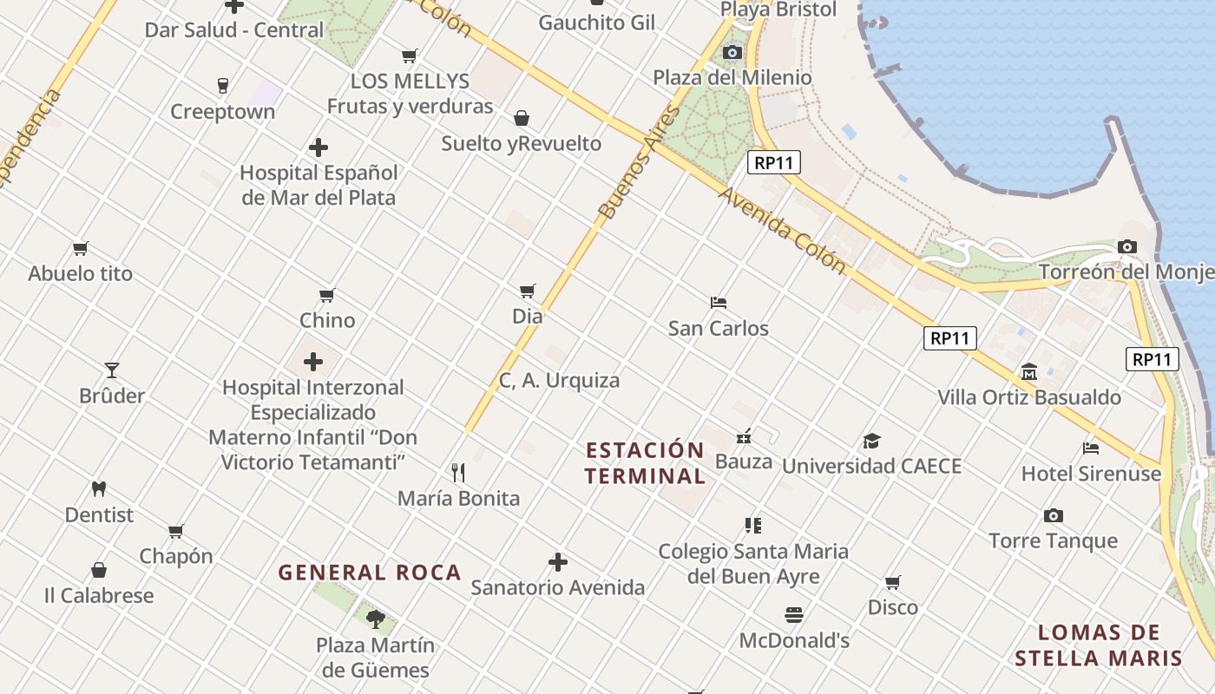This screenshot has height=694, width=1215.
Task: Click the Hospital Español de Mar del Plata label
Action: [x=319, y=185]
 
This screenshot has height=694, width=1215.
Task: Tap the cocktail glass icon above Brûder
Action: [x=112, y=370]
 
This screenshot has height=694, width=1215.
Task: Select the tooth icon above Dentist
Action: [x=99, y=489]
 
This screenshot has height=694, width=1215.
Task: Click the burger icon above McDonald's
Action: [x=793, y=615]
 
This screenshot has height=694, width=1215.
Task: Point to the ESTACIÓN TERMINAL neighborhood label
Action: [x=644, y=463]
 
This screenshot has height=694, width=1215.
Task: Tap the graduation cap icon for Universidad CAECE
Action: [x=871, y=442]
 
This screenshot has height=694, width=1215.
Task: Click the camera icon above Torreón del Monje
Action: [x=1127, y=247]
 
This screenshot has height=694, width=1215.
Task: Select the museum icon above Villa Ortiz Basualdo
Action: [x=1029, y=372]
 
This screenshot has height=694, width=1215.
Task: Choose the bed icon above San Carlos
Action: [x=719, y=303]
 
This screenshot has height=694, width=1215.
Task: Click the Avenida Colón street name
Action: [x=781, y=230]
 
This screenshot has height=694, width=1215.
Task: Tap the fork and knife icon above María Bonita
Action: [x=458, y=473]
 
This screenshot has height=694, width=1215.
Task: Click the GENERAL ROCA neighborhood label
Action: [x=370, y=573]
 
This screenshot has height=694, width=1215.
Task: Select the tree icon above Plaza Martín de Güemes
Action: [x=375, y=619]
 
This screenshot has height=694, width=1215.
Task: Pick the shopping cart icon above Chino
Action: [x=327, y=295]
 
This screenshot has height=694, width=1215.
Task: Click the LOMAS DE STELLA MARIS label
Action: [x=1099, y=645]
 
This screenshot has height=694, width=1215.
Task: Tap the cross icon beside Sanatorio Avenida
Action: [x=558, y=562]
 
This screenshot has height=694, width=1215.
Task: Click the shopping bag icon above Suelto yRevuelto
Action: [x=522, y=118]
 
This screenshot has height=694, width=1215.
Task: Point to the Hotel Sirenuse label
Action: [x=1091, y=474]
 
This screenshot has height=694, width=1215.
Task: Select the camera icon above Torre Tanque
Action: [x=1054, y=515]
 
